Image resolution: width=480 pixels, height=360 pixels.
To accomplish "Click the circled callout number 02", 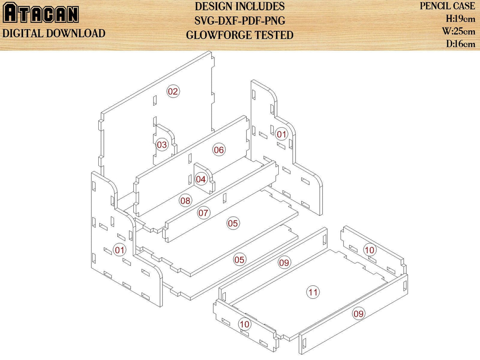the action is point(173,91).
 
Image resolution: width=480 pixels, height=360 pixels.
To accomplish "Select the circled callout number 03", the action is point(162,144).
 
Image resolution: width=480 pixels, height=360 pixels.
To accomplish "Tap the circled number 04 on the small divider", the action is point(201,179).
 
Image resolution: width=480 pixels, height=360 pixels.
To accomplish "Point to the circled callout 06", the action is point(219,150).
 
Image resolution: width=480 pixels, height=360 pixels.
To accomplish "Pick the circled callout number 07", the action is point(203,213).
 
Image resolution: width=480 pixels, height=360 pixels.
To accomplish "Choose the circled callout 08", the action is point(185,200).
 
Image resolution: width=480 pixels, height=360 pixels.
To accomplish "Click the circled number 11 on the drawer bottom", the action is point(313,292).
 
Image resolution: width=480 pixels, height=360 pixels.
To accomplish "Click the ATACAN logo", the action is point(41,13).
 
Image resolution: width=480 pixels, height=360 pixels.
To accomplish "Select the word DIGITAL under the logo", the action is point(23,34).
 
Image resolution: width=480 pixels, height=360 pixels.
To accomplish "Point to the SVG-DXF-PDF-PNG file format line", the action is point(240,21).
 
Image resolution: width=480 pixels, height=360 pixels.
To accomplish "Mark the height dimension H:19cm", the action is point(460,19).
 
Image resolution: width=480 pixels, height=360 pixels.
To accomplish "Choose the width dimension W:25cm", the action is point(459,32).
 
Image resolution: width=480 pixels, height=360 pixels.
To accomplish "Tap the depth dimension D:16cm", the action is point(460,44).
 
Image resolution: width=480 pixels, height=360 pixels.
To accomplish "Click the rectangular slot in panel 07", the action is point(225,198).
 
